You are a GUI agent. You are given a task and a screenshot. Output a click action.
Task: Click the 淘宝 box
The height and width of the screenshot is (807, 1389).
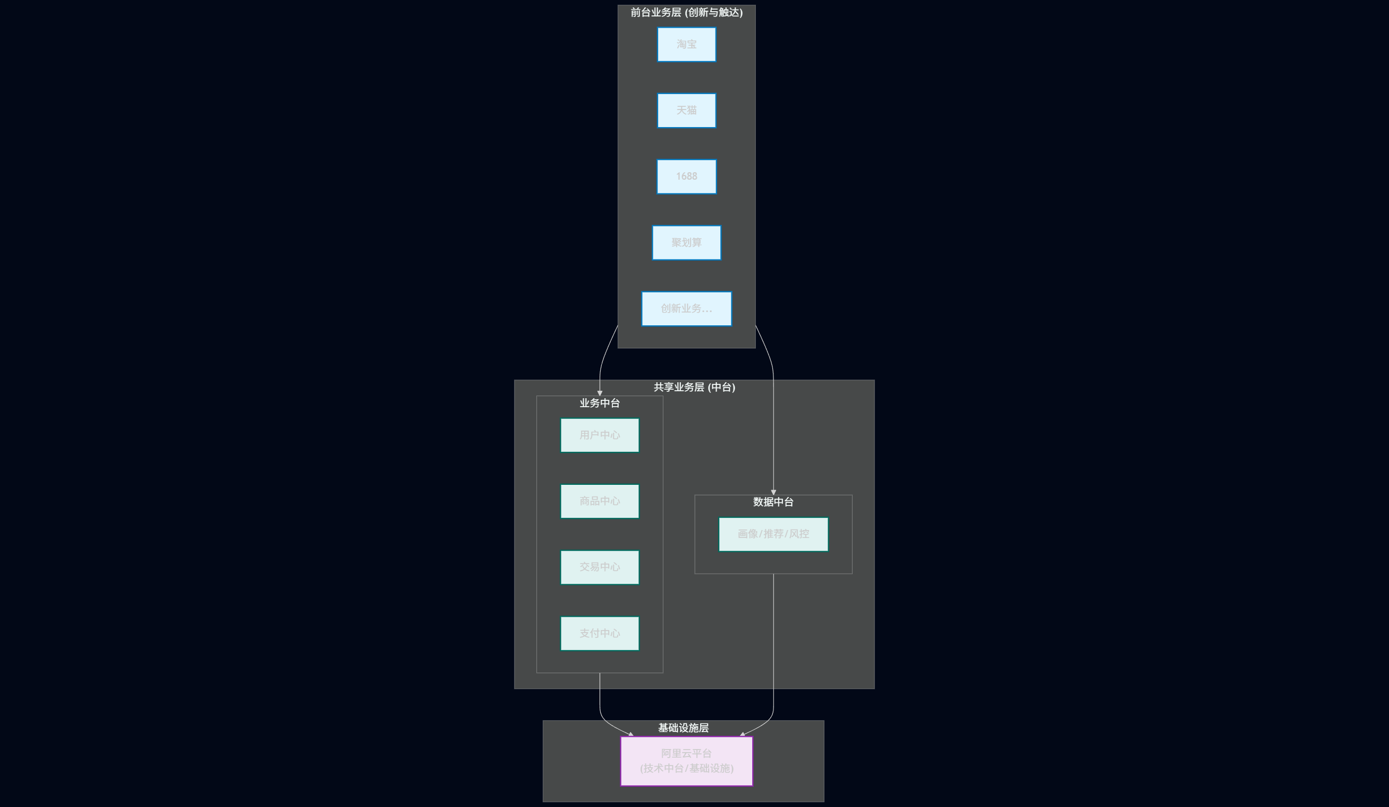[686, 44]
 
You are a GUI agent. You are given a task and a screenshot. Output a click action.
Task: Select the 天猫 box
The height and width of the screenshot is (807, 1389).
[686, 110]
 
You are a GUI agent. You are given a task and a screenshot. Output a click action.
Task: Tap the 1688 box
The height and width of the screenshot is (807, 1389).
[686, 176]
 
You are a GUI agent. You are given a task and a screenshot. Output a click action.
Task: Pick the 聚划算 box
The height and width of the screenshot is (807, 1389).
[686, 242]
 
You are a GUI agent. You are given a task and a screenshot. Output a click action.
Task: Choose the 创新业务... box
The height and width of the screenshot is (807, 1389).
[686, 309]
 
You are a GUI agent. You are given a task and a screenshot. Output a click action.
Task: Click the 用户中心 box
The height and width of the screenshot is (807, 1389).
[600, 435]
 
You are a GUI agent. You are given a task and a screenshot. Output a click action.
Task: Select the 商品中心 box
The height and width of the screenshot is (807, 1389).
[600, 501]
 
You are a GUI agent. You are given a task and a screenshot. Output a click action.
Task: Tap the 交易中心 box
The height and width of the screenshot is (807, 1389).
[600, 567]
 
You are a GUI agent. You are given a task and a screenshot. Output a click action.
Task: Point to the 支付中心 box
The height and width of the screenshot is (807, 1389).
[600, 633]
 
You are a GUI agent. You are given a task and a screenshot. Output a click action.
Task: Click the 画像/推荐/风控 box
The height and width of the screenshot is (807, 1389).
[773, 534]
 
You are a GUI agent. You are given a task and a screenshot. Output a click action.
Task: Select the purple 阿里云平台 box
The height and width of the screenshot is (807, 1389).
[686, 761]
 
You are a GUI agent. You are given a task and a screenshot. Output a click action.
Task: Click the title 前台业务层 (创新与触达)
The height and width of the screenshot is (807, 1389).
[686, 12]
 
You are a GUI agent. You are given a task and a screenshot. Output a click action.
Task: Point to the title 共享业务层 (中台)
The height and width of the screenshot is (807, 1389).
[694, 387]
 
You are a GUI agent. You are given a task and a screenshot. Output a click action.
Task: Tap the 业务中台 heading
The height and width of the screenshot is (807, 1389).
[600, 403]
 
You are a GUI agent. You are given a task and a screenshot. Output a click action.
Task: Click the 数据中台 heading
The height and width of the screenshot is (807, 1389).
[773, 502]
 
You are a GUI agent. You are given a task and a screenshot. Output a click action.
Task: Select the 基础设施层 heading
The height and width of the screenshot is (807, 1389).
[684, 728]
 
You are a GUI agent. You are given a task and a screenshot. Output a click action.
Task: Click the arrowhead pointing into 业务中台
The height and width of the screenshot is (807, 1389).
[600, 393]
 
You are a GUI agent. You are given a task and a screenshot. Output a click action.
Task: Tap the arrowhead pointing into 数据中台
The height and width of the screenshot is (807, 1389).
[773, 492]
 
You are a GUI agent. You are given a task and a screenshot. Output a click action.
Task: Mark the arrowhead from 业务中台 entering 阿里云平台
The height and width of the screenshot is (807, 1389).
[631, 734]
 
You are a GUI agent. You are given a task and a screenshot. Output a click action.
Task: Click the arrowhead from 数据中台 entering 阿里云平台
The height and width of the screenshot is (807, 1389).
[743, 734]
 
